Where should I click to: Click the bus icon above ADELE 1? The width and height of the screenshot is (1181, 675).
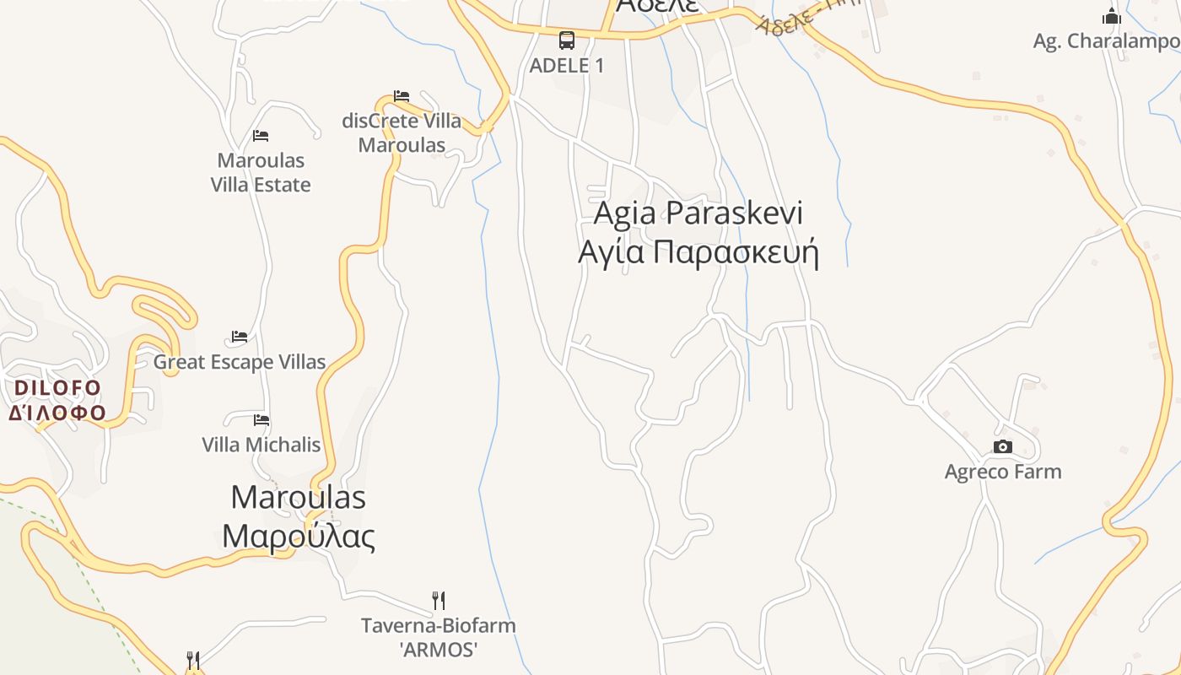(x=567, y=40)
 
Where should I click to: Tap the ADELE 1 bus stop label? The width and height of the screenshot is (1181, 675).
(x=567, y=65)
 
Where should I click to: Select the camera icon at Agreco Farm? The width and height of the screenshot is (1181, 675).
(x=1002, y=446)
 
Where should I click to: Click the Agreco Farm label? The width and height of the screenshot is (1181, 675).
(x=1002, y=472)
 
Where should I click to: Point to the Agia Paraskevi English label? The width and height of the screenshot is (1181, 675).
(x=698, y=213)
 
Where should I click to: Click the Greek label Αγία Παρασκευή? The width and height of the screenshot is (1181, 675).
(x=698, y=251)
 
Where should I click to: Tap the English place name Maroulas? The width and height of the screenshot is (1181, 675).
(x=298, y=497)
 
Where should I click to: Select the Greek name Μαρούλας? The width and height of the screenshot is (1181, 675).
(x=298, y=536)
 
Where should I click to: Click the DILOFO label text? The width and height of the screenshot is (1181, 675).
(x=57, y=388)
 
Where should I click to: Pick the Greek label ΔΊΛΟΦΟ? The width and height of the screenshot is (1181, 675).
(x=57, y=413)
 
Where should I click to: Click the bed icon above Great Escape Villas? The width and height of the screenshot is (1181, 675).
(x=240, y=337)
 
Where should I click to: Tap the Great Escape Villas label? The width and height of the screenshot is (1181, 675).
(x=240, y=362)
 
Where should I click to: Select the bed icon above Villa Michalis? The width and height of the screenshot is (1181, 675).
(x=262, y=419)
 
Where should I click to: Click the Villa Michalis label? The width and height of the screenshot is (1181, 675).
(x=262, y=445)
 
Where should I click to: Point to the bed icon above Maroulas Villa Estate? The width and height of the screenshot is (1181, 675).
(x=261, y=135)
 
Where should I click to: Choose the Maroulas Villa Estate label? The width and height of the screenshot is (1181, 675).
(x=261, y=172)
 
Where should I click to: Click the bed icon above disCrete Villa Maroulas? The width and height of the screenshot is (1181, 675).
(x=402, y=96)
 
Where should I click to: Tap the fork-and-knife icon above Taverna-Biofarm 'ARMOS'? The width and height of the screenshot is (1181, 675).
(x=439, y=600)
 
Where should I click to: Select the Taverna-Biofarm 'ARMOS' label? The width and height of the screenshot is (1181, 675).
(x=439, y=637)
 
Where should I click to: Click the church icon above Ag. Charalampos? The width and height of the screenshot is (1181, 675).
(x=1112, y=15)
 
